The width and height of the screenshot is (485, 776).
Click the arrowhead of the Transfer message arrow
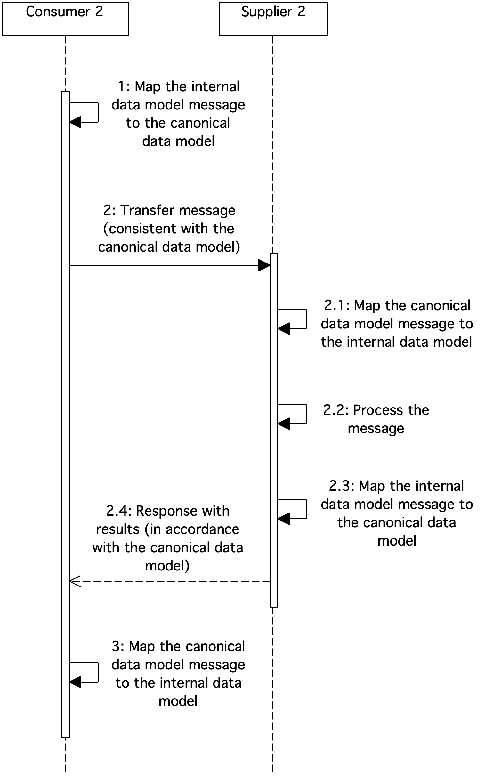pos(264,265)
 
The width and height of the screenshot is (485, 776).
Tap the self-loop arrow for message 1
pos(98,113)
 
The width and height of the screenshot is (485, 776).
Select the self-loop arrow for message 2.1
pos(306,319)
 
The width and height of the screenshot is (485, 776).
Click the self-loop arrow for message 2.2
pos(306,414)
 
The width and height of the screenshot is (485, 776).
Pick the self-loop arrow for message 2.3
pos(306,509)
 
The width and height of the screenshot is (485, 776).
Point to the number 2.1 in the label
pos(336,305)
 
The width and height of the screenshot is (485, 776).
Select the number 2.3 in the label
pos(341,486)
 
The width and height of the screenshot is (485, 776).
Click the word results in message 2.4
pos(118,529)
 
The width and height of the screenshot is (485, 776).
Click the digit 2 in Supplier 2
pos(301,12)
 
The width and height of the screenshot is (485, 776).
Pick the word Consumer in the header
pos(58,12)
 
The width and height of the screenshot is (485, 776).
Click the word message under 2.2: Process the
pos(376,429)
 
